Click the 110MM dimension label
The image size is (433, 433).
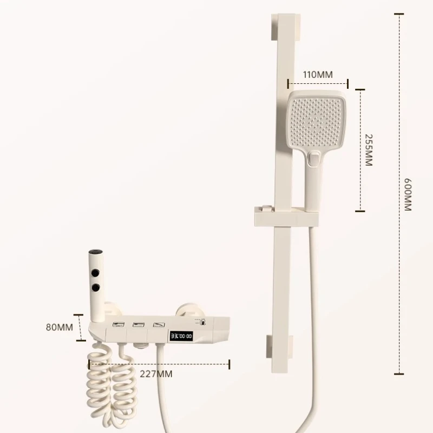tap(318, 75)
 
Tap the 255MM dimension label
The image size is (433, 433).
tap(369, 150)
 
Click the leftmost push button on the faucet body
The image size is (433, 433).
tap(117, 325)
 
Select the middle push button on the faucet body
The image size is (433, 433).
tap(138, 325)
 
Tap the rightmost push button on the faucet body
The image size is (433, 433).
tap(158, 325)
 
